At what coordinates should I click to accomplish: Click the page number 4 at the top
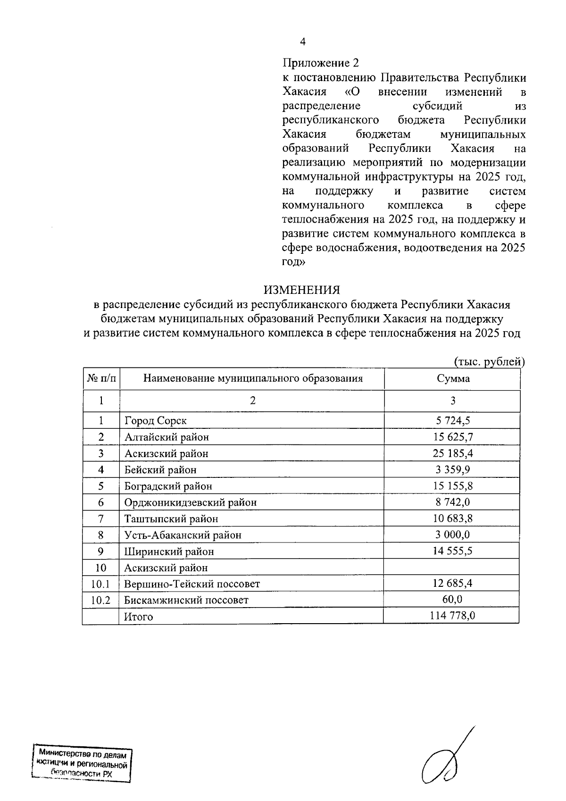[x=302, y=42]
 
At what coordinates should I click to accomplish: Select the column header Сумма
[x=453, y=379]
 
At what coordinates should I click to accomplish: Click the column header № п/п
[x=101, y=379]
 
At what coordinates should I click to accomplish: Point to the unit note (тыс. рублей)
[x=489, y=362]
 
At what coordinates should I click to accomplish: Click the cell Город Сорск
[x=156, y=421]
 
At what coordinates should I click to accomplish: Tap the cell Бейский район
[x=160, y=470]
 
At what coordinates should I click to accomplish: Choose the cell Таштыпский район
[x=171, y=519]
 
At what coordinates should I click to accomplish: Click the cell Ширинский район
[x=169, y=551]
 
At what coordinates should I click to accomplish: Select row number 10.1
[x=100, y=584]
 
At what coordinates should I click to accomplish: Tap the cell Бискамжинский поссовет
[x=186, y=601]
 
